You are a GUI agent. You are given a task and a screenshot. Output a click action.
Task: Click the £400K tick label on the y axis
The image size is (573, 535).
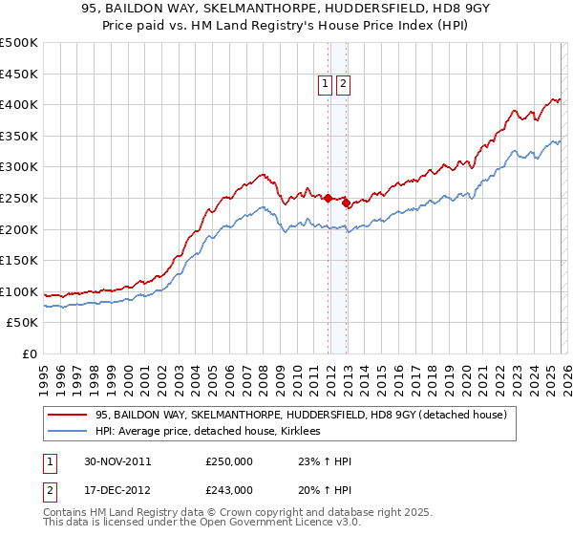point(19,104)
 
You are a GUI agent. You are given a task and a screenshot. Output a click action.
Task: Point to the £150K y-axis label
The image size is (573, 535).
point(19,260)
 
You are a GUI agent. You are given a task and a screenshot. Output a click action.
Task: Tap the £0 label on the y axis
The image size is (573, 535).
point(30,353)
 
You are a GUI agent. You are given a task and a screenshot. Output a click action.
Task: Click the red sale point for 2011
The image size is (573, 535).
point(328,198)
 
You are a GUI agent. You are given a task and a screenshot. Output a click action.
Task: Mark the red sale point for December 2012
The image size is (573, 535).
point(346,203)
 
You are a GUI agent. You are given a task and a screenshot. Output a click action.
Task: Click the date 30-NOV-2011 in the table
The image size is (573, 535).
point(117,461)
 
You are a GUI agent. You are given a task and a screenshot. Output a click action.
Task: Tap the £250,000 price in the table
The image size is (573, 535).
point(229,461)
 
